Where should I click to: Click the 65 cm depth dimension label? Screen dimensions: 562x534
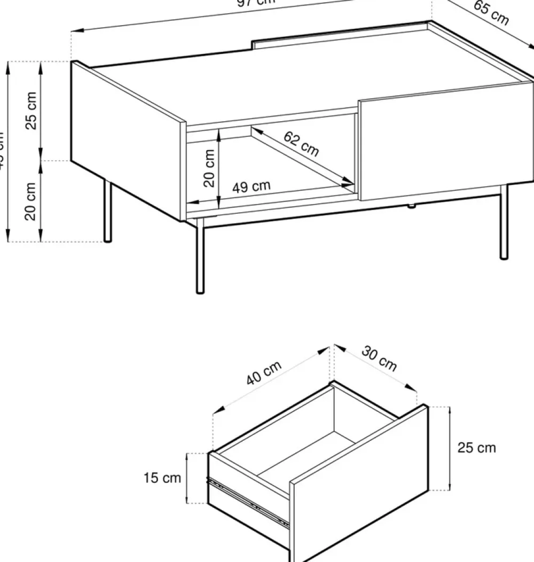[491, 13]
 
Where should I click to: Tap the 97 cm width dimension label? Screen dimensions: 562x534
[256, 2]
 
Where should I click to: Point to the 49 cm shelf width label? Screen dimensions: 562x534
[251, 187]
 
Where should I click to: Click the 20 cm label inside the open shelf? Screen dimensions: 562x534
[209, 168]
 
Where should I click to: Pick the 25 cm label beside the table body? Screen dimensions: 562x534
[32, 111]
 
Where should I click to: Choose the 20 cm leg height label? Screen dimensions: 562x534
[31, 201]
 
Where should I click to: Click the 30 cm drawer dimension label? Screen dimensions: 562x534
[379, 358]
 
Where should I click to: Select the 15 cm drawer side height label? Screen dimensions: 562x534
[162, 478]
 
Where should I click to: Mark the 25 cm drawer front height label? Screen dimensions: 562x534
[476, 448]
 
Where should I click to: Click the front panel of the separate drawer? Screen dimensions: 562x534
[358, 481]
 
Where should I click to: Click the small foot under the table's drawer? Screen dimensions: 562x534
[411, 205]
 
